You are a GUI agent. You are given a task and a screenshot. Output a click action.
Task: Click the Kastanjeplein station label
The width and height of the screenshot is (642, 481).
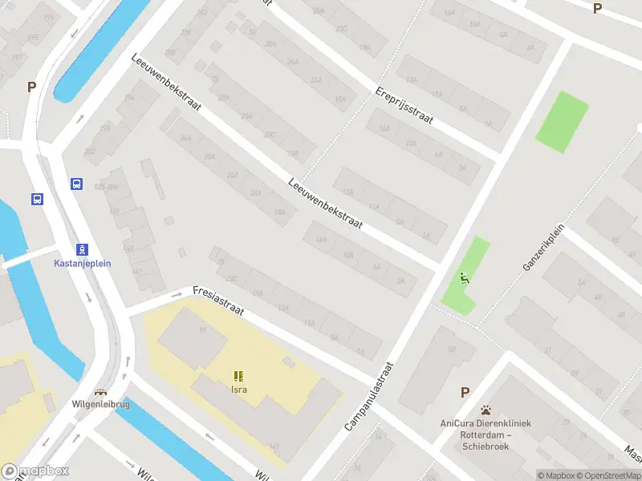(x=83, y=263)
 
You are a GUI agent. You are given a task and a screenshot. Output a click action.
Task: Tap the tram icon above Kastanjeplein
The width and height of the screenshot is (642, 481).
(x=83, y=249)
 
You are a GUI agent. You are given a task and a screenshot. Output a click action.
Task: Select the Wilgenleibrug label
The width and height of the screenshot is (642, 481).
(x=100, y=404)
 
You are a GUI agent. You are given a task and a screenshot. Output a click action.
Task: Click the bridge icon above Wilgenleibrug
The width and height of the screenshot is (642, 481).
(x=100, y=393)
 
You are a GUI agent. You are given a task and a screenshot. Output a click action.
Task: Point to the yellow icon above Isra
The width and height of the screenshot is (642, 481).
(x=238, y=376)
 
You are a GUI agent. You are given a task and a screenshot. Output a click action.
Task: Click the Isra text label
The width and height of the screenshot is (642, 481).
(x=238, y=390)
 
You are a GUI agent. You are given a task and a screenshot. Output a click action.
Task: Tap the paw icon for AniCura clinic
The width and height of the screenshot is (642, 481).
(x=486, y=410)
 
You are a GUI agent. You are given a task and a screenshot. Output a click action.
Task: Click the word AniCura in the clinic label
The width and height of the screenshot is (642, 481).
(x=457, y=423)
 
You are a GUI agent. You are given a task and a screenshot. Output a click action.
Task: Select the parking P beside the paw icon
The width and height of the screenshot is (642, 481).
(x=465, y=392)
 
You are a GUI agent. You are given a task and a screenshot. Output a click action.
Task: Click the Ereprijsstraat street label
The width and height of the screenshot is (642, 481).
(x=404, y=106)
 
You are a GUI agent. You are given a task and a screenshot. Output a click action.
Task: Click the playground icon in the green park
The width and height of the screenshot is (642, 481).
(x=463, y=279)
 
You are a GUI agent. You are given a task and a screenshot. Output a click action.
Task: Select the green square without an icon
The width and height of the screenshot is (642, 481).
(x=562, y=121)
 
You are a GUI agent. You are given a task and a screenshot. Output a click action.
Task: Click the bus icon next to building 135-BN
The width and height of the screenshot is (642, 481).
(x=77, y=184)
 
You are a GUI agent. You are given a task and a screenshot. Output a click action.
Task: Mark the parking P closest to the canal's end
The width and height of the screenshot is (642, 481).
(x=32, y=87)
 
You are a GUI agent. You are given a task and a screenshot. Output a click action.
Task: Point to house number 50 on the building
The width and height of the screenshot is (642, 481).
(x=452, y=349)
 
